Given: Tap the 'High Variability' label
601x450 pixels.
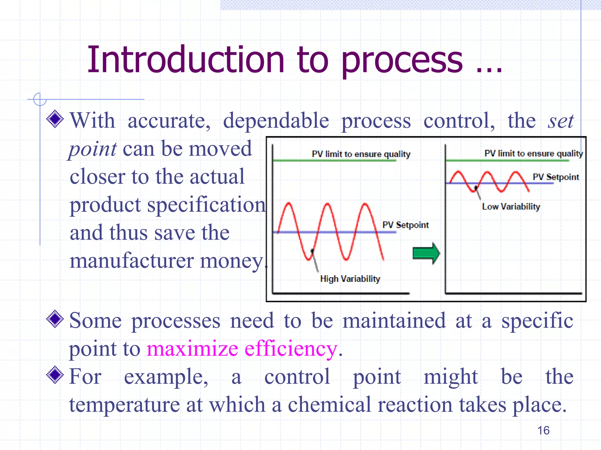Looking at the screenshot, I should pyautogui.click(x=350, y=279).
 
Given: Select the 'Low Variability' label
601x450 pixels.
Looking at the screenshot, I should pyautogui.click(x=511, y=207).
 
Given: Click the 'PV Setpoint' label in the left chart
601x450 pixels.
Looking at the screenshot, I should pyautogui.click(x=405, y=225).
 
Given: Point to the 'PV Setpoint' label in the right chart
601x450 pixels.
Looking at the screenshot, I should pyautogui.click(x=556, y=177).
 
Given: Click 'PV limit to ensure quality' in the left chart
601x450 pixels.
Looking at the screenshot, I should pyautogui.click(x=361, y=154).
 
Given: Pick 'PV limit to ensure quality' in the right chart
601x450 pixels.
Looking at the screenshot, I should pyautogui.click(x=534, y=154).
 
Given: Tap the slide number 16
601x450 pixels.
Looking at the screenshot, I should pyautogui.click(x=543, y=430).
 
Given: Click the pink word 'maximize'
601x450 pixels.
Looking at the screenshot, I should pyautogui.click(x=192, y=349).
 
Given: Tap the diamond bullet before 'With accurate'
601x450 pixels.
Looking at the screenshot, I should pyautogui.click(x=55, y=119).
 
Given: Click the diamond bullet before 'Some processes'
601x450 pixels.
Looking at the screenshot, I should pyautogui.click(x=55, y=319).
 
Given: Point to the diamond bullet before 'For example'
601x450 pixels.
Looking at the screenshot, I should pyautogui.click(x=55, y=375).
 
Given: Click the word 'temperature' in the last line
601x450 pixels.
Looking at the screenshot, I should pyautogui.click(x=124, y=405).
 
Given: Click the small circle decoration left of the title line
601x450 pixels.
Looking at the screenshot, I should pyautogui.click(x=40, y=99).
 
